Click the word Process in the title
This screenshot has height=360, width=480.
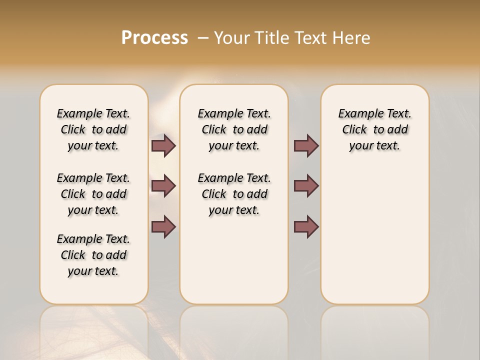[154, 38]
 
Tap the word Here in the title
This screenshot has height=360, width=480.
[352, 38]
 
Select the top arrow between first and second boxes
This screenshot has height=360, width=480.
[163, 145]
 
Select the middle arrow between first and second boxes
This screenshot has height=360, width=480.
[163, 186]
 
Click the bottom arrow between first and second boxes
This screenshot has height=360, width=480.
[163, 226]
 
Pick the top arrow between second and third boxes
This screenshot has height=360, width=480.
[306, 145]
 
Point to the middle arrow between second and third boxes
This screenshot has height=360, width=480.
[306, 186]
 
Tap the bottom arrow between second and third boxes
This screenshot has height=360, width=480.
[306, 226]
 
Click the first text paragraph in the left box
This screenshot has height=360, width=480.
[93, 129]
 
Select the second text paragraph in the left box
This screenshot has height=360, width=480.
[93, 194]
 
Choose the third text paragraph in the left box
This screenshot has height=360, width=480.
[93, 255]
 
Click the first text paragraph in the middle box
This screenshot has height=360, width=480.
[234, 129]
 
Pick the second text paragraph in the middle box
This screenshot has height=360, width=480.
[234, 194]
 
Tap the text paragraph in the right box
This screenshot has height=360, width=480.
[374, 129]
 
